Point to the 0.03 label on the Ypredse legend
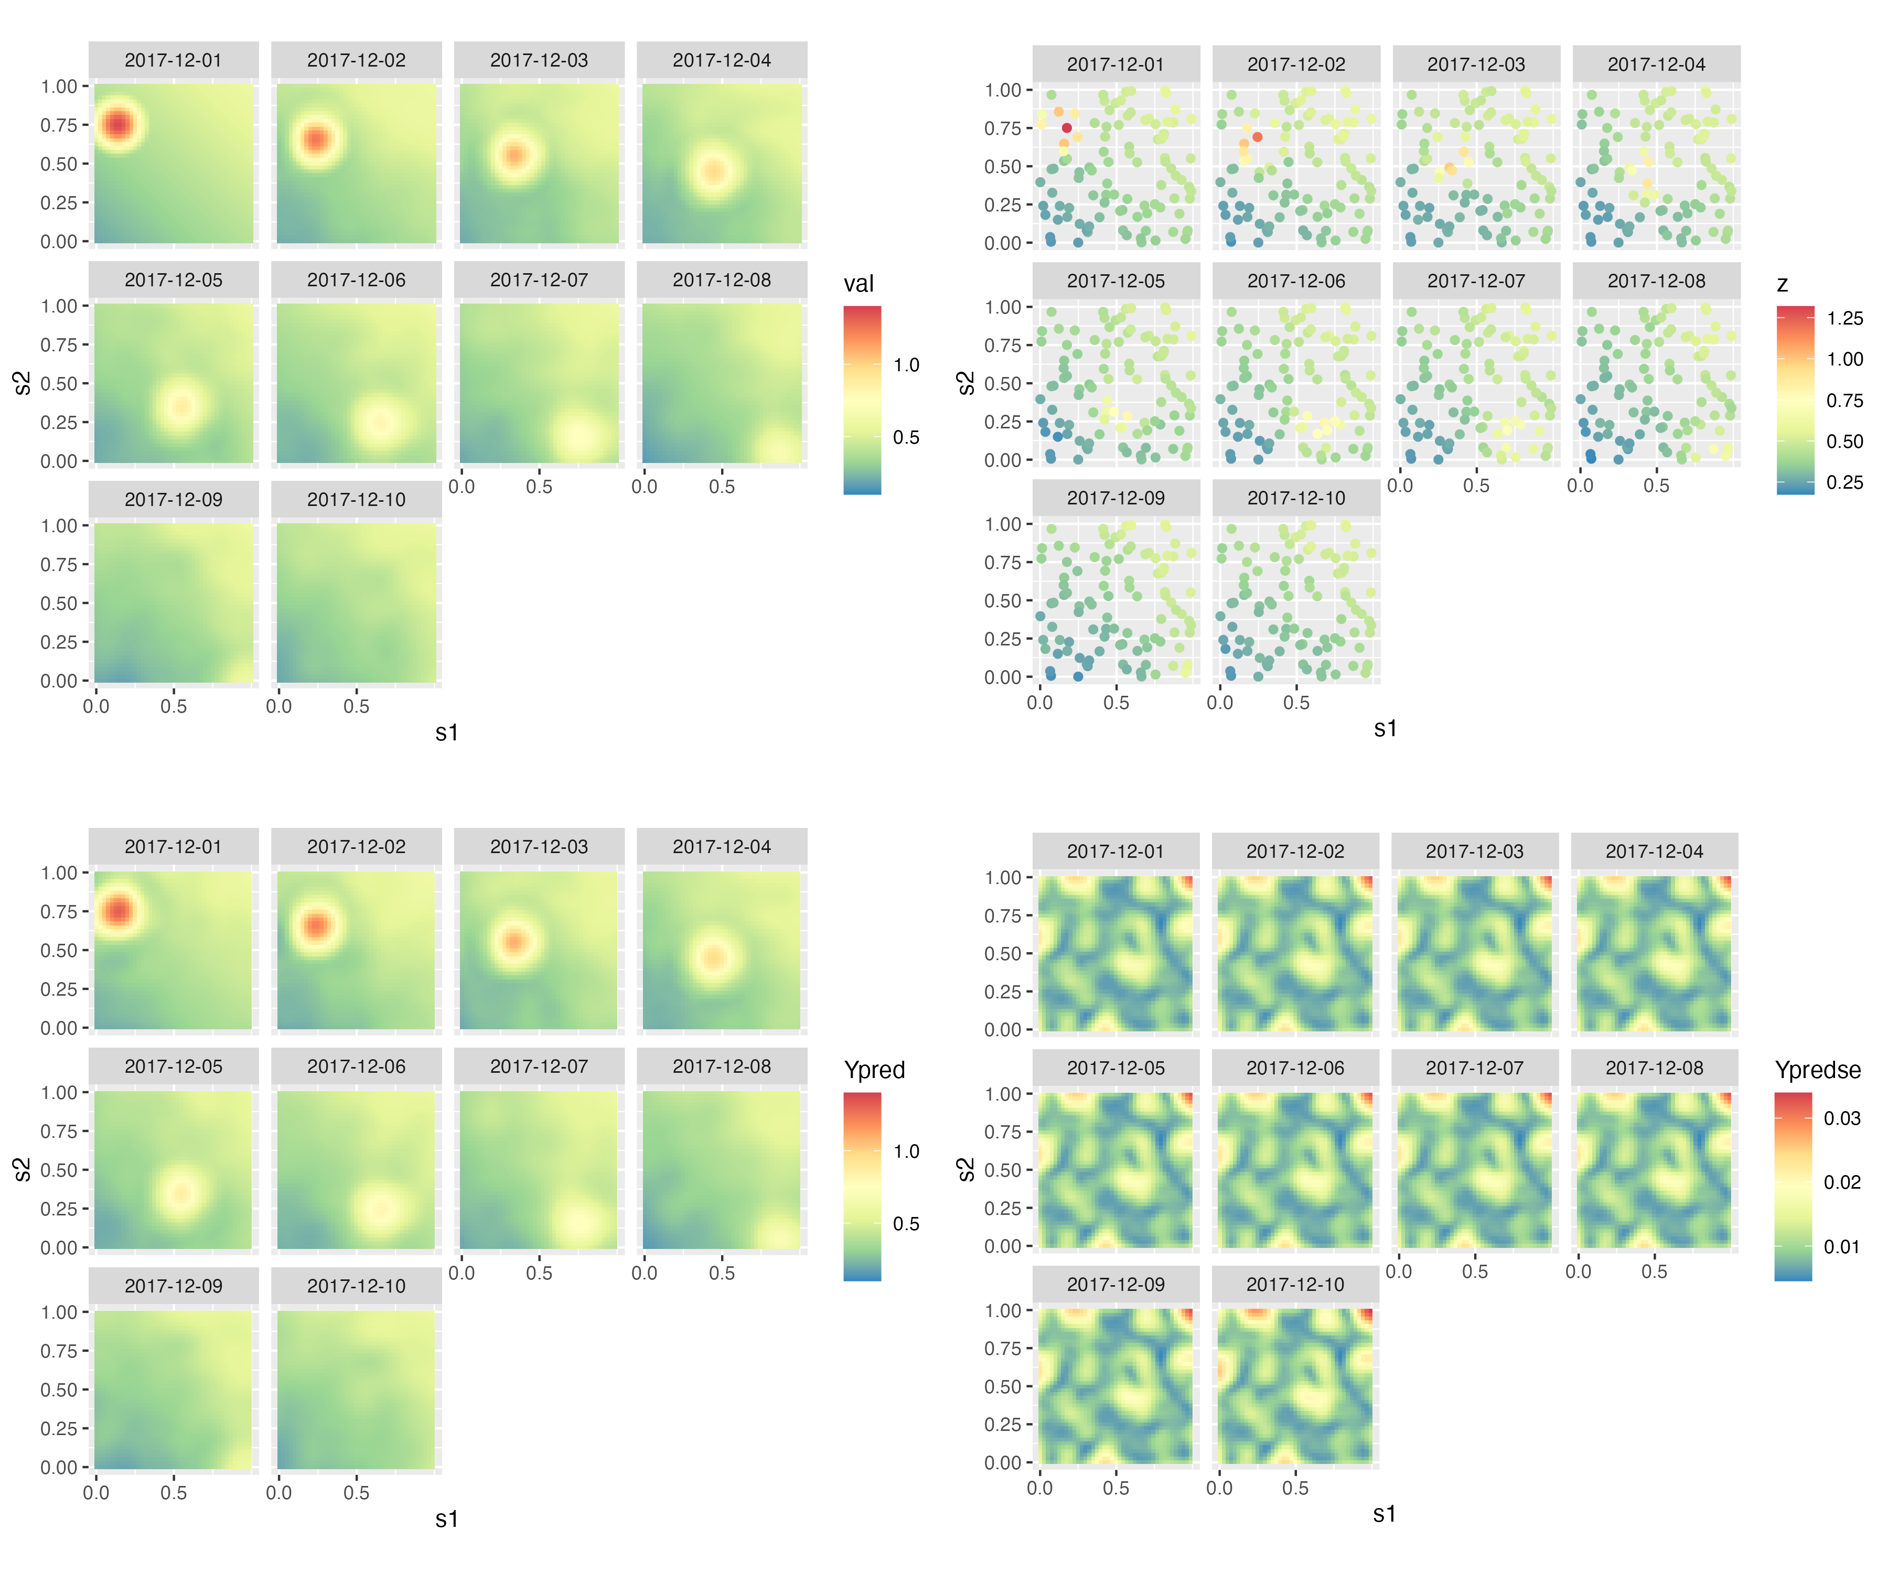(1841, 1118)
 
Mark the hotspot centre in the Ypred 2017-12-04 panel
(714, 957)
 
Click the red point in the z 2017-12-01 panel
(1067, 127)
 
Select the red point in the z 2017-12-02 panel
(1257, 137)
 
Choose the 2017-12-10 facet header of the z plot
(1295, 498)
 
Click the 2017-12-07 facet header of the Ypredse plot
(1474, 1068)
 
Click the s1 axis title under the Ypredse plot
(1385, 1515)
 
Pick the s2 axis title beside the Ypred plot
(23, 1169)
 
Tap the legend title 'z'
(1782, 284)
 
